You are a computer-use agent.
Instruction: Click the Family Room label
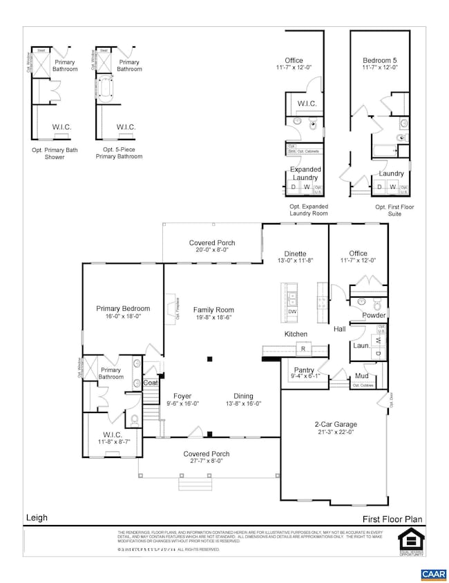coord(213,310)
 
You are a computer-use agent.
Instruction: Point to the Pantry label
coord(304,370)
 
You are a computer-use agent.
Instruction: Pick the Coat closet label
coord(150,382)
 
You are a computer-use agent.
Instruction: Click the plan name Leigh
coord(37,516)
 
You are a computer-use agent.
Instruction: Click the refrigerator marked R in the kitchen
coord(302,350)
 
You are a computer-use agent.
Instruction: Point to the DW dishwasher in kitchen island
coord(292,311)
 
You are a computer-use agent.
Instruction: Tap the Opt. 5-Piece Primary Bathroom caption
coord(118,153)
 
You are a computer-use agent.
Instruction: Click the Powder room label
coord(374,315)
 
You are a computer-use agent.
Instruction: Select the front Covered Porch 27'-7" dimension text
coord(206,462)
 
